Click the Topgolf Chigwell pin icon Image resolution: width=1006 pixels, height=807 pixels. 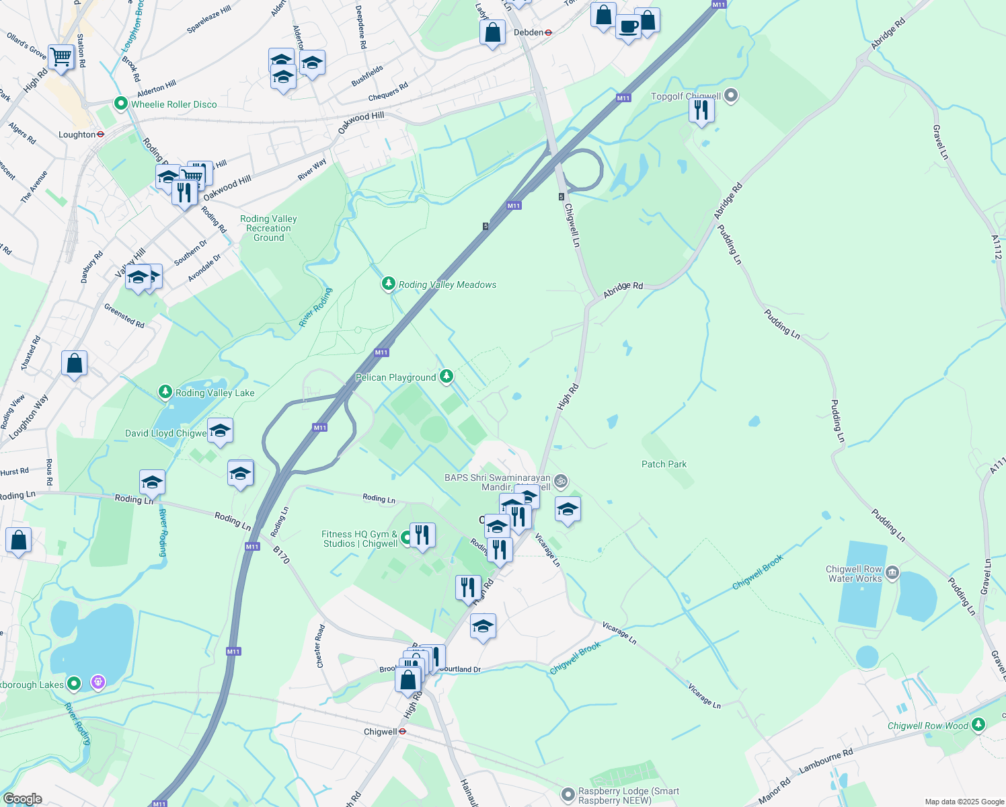point(732,96)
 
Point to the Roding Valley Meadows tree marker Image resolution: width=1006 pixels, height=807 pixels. point(388,284)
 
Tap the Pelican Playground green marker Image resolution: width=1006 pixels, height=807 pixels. point(447,377)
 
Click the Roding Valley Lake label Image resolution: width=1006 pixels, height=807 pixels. point(215,393)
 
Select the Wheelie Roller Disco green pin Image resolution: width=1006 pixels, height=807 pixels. point(121,104)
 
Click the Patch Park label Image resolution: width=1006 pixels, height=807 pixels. point(664,464)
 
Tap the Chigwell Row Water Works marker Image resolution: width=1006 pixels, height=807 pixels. point(892,573)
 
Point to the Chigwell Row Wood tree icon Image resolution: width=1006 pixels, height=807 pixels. point(979,725)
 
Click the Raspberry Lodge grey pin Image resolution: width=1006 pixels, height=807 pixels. point(568,795)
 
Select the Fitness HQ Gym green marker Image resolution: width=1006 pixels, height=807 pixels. point(406,538)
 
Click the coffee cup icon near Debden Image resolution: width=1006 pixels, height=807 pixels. point(628,27)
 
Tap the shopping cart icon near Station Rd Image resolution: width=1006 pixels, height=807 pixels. point(61,56)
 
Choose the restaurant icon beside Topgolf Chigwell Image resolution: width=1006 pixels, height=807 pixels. point(701,109)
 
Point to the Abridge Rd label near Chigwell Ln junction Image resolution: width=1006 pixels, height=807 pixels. point(623,286)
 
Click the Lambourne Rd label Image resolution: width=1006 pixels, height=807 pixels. point(826,760)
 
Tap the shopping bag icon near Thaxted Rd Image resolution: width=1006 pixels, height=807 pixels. point(74,363)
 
